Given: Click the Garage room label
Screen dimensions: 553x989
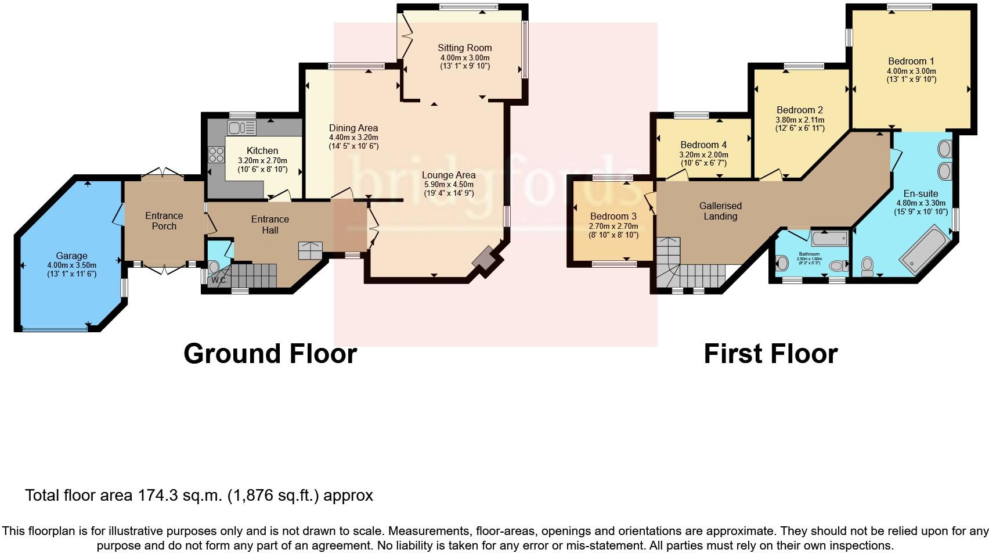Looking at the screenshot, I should [71, 256].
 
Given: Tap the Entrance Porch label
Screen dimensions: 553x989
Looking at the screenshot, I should [164, 221].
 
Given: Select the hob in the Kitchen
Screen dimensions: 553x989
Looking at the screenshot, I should [216, 155].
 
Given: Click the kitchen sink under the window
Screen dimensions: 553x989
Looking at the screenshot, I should [241, 127].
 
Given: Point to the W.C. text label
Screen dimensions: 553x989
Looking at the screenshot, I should [219, 280].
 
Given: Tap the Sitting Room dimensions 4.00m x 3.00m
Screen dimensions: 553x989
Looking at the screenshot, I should [464, 58].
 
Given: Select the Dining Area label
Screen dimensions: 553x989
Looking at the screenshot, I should [353, 128].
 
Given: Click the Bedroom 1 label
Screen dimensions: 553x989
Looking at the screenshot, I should [911, 61].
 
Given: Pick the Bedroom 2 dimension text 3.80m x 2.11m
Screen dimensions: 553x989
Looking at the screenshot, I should [800, 120].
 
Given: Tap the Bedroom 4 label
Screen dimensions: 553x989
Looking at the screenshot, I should [703, 145].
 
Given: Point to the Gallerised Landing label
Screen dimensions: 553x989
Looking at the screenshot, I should [720, 211].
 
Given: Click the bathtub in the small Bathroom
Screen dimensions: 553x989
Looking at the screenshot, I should [828, 238].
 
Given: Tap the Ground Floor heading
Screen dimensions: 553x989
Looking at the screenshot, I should [270, 354].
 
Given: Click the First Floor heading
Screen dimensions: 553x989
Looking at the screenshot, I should [770, 354].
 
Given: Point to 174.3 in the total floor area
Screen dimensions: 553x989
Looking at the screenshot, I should [156, 495].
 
